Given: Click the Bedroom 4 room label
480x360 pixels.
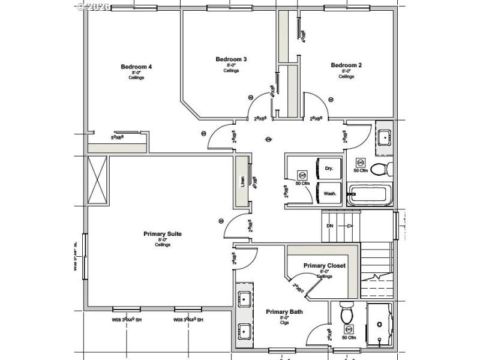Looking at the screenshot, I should (136, 67).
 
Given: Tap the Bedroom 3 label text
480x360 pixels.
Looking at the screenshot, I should (231, 59).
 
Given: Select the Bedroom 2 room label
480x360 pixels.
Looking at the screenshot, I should (346, 65).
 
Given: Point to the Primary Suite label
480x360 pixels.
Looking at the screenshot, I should (162, 234).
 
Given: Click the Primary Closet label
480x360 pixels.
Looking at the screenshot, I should (324, 266).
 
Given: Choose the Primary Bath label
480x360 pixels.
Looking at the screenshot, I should (284, 312).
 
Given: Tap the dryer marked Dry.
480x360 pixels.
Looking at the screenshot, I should (329, 169).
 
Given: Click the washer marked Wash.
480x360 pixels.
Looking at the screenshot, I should (329, 194).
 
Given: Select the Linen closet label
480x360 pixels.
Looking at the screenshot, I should (243, 181).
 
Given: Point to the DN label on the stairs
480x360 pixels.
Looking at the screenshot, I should (330, 226).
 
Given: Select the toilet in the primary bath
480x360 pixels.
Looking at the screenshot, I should (347, 313).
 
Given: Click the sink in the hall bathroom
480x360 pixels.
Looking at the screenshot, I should (384, 137).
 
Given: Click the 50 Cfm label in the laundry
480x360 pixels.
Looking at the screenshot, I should (303, 184).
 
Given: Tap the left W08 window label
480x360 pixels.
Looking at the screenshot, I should (127, 320).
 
